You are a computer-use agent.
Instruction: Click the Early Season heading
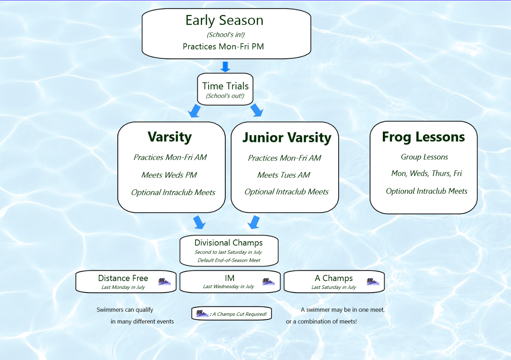pyautogui.click(x=224, y=20)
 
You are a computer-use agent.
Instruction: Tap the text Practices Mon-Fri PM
pyautogui.click(x=223, y=46)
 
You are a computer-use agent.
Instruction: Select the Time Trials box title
pyautogui.click(x=225, y=86)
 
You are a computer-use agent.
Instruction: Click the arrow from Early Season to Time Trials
pyautogui.click(x=226, y=67)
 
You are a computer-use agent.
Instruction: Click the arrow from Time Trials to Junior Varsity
pyautogui.click(x=256, y=110)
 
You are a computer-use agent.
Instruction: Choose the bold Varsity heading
pyautogui.click(x=169, y=137)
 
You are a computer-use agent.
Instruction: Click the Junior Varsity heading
pyautogui.click(x=287, y=137)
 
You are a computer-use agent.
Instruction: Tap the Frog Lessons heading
pyautogui.click(x=423, y=137)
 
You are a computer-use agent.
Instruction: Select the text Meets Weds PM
pyautogui.click(x=169, y=175)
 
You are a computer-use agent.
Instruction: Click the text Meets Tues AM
pyautogui.click(x=284, y=175)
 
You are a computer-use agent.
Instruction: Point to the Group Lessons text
pyautogui.click(x=424, y=157)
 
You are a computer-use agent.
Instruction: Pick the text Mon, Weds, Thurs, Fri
pyautogui.click(x=426, y=173)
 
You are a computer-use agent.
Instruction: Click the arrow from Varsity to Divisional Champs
pyautogui.click(x=199, y=222)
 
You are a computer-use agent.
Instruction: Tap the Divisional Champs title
pyautogui.click(x=229, y=243)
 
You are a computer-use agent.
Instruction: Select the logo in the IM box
pyautogui.click(x=268, y=281)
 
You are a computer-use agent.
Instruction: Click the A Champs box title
pyautogui.click(x=334, y=278)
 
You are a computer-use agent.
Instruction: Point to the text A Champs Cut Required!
pyautogui.click(x=239, y=314)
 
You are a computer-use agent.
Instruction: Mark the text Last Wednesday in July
pyautogui.click(x=229, y=286)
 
